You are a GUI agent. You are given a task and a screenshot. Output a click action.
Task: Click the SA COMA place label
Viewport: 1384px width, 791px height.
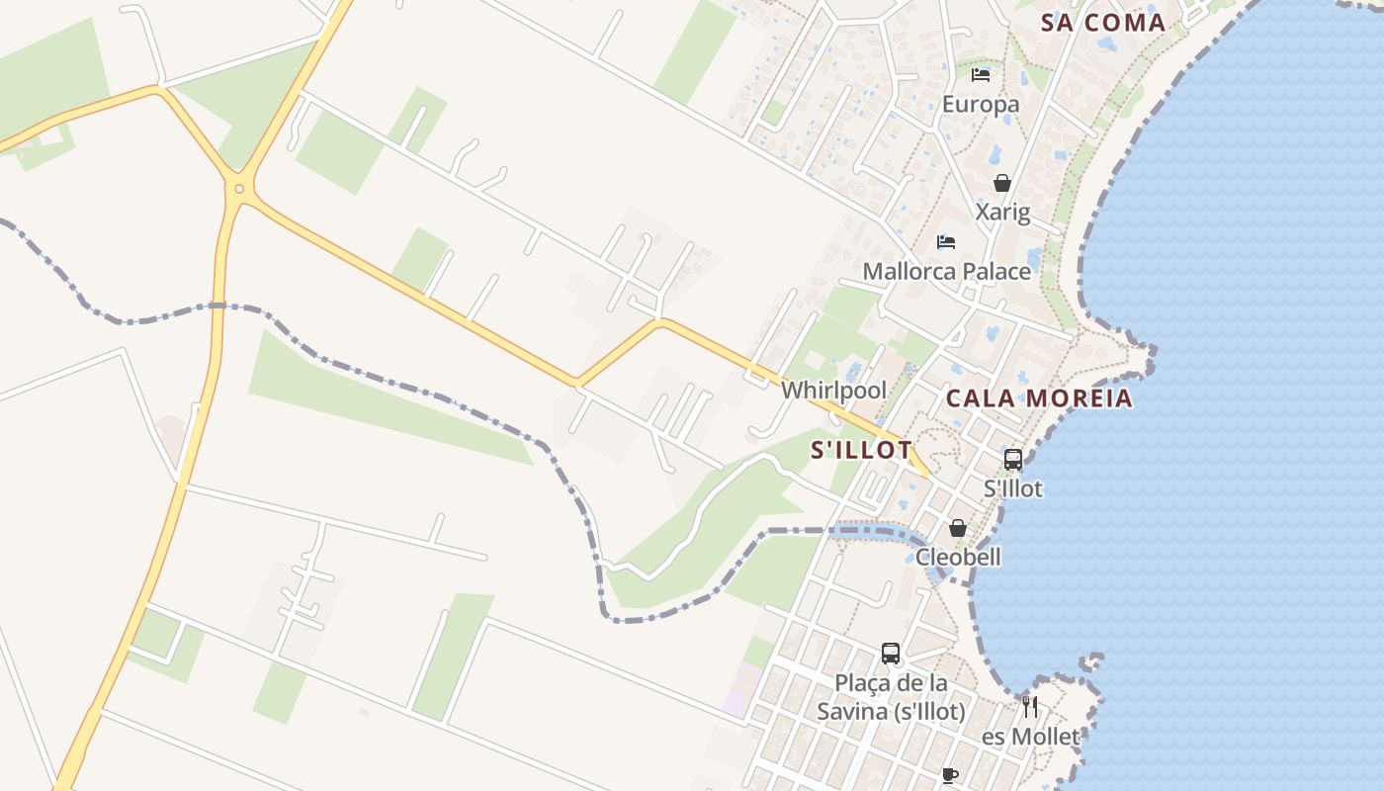point(1103,23)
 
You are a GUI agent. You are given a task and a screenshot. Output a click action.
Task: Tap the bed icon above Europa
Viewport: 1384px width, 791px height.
point(981,75)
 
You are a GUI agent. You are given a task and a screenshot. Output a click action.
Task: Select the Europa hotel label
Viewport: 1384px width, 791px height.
point(981,104)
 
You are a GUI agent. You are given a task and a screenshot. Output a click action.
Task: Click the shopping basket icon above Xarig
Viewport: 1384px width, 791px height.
point(1002,183)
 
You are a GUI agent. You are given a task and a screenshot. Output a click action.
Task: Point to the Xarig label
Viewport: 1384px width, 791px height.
point(1002,212)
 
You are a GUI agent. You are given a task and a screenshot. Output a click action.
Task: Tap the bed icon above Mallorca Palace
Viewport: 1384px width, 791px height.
point(946,242)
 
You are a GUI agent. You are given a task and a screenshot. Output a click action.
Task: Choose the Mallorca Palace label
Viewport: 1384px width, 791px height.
point(946,271)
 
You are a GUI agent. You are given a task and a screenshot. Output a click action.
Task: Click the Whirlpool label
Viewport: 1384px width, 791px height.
point(834,391)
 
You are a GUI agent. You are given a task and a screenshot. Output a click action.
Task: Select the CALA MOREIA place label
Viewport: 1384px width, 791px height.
point(1039,398)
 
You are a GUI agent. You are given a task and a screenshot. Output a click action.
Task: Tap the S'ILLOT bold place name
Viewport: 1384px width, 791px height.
point(861,450)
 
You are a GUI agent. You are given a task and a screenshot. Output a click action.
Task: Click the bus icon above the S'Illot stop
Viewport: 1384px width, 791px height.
point(1013,459)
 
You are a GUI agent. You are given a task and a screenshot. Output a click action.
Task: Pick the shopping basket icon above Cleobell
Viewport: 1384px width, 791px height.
point(957,528)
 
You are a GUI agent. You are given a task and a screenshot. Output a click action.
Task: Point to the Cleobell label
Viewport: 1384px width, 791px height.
point(958,557)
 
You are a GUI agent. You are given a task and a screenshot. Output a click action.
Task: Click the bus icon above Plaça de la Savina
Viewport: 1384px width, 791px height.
point(891,654)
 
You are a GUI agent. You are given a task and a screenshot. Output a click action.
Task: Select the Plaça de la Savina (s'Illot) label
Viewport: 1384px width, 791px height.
point(891,696)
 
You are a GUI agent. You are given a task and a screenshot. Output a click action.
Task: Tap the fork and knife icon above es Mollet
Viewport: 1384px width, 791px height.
point(1030,707)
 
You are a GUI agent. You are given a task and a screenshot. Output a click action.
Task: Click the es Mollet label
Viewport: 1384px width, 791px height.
point(1031,737)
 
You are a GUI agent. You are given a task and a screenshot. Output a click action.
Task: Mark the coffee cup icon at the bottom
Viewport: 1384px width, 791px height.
point(950,776)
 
